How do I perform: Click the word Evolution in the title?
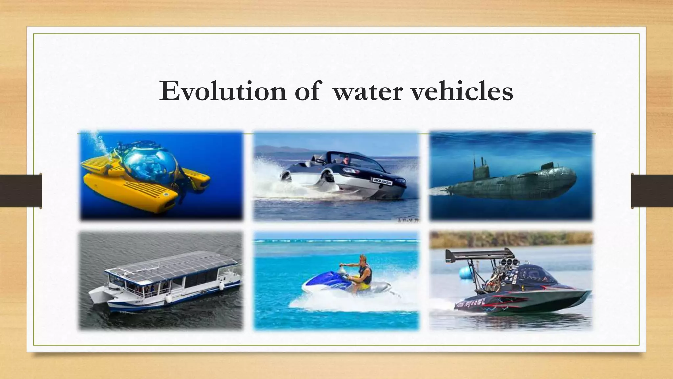(x=222, y=91)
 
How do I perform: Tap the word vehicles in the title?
(x=462, y=91)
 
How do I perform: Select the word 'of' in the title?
(x=307, y=91)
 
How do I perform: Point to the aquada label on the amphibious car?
(x=381, y=180)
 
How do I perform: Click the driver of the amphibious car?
(x=345, y=161)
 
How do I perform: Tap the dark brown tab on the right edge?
(x=652, y=191)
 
